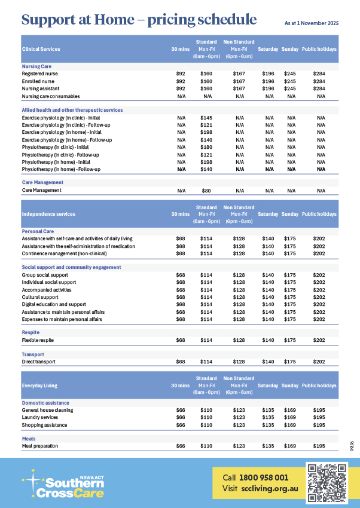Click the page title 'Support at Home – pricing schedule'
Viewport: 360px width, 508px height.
pyautogui.click(x=139, y=20)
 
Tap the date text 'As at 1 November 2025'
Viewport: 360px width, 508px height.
pyautogui.click(x=311, y=23)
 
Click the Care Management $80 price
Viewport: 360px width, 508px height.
pyautogui.click(x=206, y=191)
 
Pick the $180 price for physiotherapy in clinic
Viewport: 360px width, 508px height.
pyautogui.click(x=206, y=147)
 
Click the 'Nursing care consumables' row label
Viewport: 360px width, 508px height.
pyautogui.click(x=51, y=96)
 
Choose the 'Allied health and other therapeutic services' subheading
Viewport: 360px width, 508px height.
pyautogui.click(x=72, y=110)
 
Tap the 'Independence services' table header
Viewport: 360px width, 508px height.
pyautogui.click(x=48, y=213)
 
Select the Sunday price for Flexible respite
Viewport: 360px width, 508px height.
pyautogui.click(x=289, y=340)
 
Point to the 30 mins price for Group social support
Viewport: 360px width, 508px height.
pyautogui.click(x=181, y=275)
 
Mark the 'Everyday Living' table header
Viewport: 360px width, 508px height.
pyautogui.click(x=39, y=385)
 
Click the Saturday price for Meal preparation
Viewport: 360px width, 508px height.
pyautogui.click(x=268, y=446)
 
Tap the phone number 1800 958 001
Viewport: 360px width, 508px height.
pyautogui.click(x=264, y=478)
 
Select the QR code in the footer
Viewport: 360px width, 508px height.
pyautogui.click(x=327, y=482)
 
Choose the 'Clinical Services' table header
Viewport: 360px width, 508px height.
pyautogui.click(x=41, y=49)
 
